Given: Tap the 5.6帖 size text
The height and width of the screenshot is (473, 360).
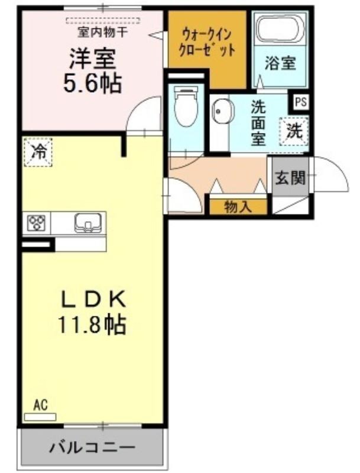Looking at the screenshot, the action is [93, 83].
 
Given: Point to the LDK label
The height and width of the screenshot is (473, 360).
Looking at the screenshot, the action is [93, 300].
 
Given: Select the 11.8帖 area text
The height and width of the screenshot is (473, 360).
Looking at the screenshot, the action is [92, 325].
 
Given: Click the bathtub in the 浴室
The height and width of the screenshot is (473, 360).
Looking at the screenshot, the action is [280, 28].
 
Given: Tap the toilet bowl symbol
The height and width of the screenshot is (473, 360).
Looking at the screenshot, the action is [187, 107].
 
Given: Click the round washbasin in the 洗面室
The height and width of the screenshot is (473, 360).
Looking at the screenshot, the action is [223, 111].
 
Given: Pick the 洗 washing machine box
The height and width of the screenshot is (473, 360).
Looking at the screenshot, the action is [294, 131].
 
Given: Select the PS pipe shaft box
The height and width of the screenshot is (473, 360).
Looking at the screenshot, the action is [301, 102].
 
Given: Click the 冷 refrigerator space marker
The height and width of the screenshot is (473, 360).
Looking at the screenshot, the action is [38, 152].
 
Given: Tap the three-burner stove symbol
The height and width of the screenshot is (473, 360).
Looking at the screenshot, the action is [36, 223].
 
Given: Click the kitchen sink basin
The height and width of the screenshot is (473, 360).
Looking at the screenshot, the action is [87, 223].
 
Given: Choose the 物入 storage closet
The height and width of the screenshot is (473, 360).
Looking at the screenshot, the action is [238, 207].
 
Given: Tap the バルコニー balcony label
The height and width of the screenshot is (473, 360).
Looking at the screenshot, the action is [92, 447].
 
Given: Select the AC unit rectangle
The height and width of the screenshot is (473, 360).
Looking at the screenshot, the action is [40, 417].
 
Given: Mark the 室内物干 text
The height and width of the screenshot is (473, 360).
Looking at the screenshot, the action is [102, 32].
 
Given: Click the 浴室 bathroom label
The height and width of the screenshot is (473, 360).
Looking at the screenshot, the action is [280, 63].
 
